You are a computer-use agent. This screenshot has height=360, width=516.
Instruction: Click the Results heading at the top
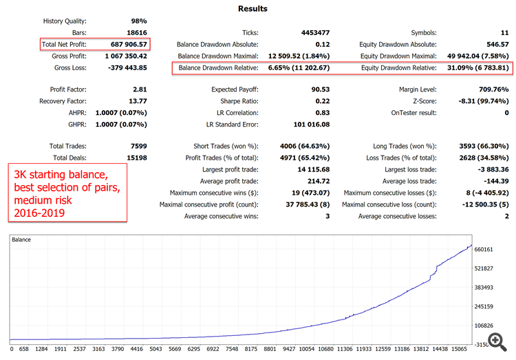click(252, 9)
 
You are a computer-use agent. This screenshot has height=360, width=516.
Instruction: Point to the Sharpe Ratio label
click(236, 101)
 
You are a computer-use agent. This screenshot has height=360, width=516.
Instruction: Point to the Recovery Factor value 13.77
click(136, 101)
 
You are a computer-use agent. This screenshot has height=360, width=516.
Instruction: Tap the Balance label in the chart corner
click(22, 240)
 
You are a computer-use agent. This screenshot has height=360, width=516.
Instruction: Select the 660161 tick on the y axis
click(488, 248)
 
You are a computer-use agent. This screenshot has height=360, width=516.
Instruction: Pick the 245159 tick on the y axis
click(488, 306)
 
